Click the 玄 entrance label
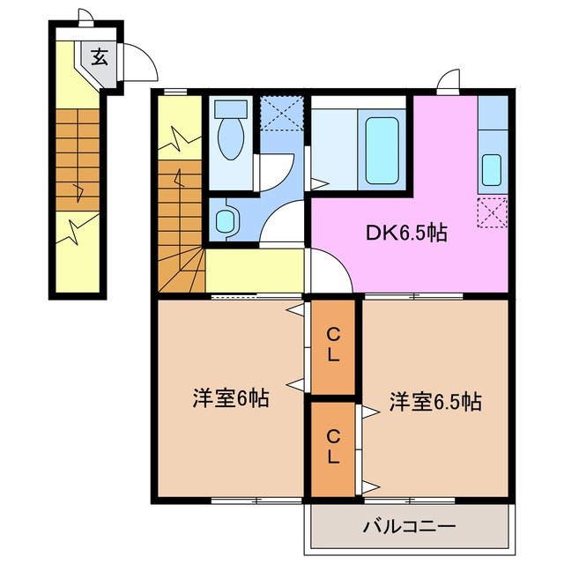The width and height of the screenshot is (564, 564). [99, 59]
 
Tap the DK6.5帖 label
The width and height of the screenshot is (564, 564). [406, 234]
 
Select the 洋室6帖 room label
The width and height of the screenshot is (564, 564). [231, 398]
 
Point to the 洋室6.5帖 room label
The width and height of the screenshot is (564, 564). [435, 403]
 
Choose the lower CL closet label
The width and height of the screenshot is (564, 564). [334, 446]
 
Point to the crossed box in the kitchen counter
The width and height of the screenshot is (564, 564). [491, 211]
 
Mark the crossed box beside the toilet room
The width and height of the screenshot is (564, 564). [281, 113]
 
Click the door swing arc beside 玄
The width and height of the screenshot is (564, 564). [138, 63]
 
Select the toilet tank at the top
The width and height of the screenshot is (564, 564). [231, 110]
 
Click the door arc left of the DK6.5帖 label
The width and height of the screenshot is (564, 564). [330, 271]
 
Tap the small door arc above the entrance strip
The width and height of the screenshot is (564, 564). [85, 16]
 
